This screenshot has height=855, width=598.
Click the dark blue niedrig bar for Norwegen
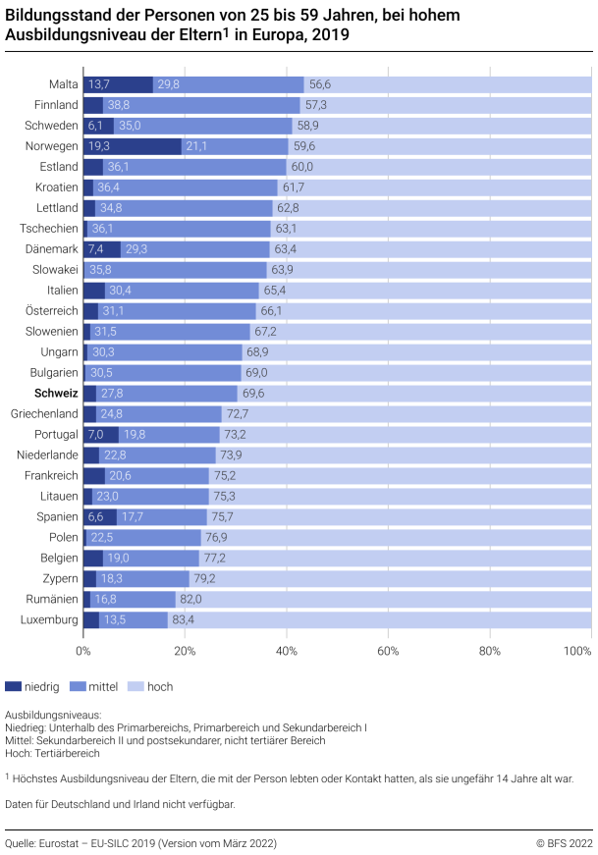[132, 146]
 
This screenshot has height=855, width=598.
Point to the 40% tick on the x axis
[287, 650]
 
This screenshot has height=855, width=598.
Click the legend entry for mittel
[103, 687]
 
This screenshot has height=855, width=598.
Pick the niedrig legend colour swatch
[13, 687]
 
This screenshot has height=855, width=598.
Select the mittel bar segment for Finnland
[201, 105]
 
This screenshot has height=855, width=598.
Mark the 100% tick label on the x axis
[578, 650]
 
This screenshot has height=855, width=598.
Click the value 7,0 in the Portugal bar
[96, 434]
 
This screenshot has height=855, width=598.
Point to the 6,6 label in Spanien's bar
[95, 516]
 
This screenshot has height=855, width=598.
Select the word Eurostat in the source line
[63, 843]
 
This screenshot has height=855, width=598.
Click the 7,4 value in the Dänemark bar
[96, 249]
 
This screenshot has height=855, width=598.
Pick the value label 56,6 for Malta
[321, 84]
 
